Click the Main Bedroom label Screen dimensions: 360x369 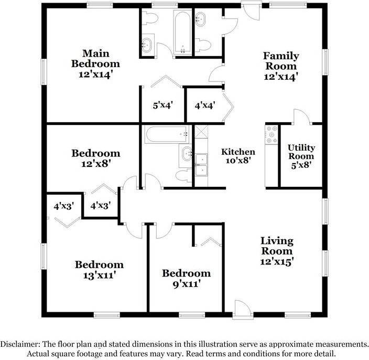pyautogui.click(x=100, y=58)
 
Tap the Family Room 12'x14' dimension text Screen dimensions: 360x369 pyautogui.click(x=281, y=77)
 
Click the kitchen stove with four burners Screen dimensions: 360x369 pyautogui.click(x=272, y=135)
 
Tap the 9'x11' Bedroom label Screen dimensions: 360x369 pyautogui.click(x=186, y=273)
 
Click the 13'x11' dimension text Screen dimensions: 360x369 pyautogui.click(x=99, y=274)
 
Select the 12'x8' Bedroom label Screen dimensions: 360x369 pyautogui.click(x=96, y=153)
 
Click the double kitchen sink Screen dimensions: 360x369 pyautogui.click(x=201, y=165)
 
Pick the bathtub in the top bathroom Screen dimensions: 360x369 pyautogui.click(x=182, y=33)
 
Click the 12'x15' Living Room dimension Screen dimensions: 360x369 pyautogui.click(x=277, y=260)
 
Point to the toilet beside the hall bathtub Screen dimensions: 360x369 pyautogui.click(x=183, y=175)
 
